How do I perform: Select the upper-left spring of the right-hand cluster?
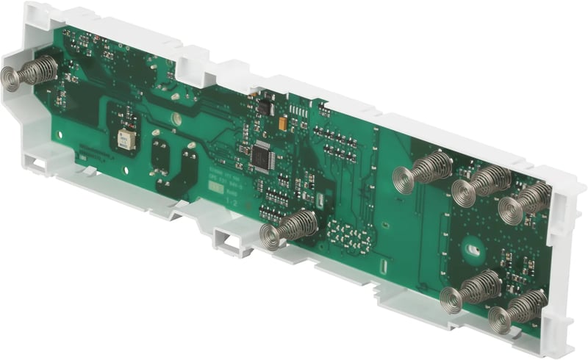[422, 172]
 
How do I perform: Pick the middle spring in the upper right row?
[481, 184]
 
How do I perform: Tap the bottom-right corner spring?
[517, 309]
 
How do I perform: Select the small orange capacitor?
[283, 124]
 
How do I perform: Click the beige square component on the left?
[126, 140]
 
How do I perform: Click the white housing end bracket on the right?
[566, 257]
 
